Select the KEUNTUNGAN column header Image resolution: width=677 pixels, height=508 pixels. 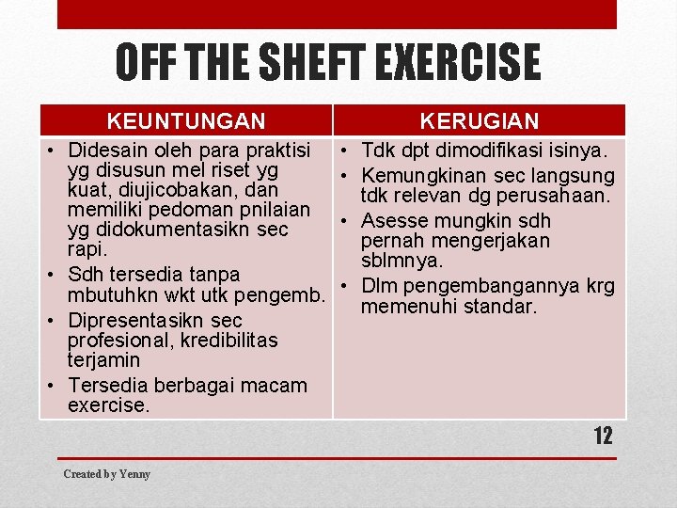[x=186, y=120]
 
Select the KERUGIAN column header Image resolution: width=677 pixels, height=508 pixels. [x=480, y=120]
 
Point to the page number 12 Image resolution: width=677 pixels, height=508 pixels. [x=603, y=436]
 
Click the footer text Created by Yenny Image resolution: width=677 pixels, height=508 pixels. [x=106, y=474]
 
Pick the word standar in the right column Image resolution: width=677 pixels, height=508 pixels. [x=506, y=307]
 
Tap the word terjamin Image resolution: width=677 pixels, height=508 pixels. [x=103, y=359]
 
